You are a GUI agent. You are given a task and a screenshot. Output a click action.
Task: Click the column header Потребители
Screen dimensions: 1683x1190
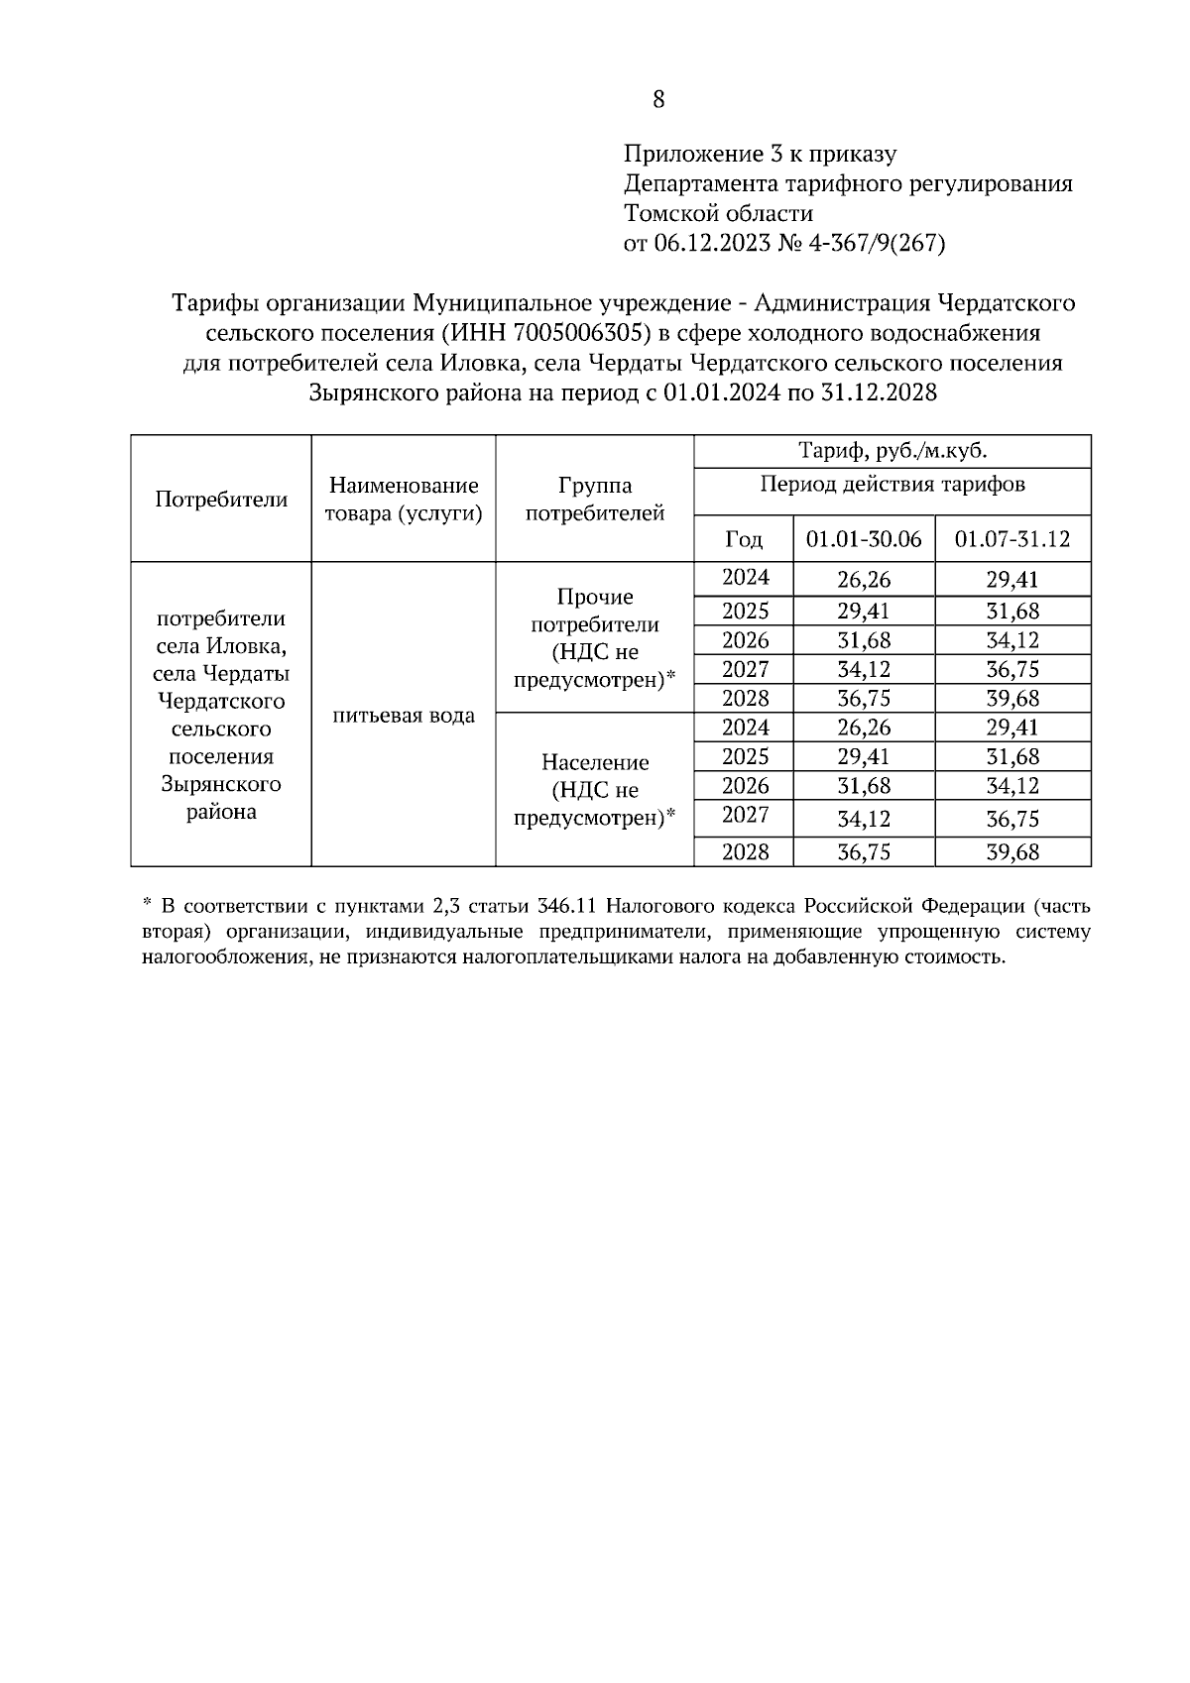221,500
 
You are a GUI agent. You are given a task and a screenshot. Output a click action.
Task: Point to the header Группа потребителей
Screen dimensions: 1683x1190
594,500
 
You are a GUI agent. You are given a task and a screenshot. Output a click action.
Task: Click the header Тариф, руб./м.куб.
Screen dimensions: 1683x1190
892,452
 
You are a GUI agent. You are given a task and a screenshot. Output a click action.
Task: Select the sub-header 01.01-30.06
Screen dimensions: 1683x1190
863,539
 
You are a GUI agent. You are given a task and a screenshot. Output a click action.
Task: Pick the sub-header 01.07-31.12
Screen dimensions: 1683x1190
1011,539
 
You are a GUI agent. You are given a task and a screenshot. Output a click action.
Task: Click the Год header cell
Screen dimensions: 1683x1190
744,539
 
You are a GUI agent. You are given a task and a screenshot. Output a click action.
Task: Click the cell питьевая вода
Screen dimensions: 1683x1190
404,716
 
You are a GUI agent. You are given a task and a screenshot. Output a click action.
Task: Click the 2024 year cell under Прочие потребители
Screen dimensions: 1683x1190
745,578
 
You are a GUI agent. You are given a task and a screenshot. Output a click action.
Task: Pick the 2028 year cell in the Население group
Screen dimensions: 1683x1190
745,851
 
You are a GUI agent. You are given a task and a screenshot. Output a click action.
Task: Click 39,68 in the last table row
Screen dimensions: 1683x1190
1011,851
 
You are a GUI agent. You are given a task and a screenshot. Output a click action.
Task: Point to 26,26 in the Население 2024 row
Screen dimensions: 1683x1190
863,728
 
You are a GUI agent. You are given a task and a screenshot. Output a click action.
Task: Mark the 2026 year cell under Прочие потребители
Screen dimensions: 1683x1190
745,640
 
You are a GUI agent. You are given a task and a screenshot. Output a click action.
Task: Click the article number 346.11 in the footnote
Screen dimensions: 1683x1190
566,906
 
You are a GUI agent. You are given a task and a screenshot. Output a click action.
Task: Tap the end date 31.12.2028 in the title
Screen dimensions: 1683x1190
879,393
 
